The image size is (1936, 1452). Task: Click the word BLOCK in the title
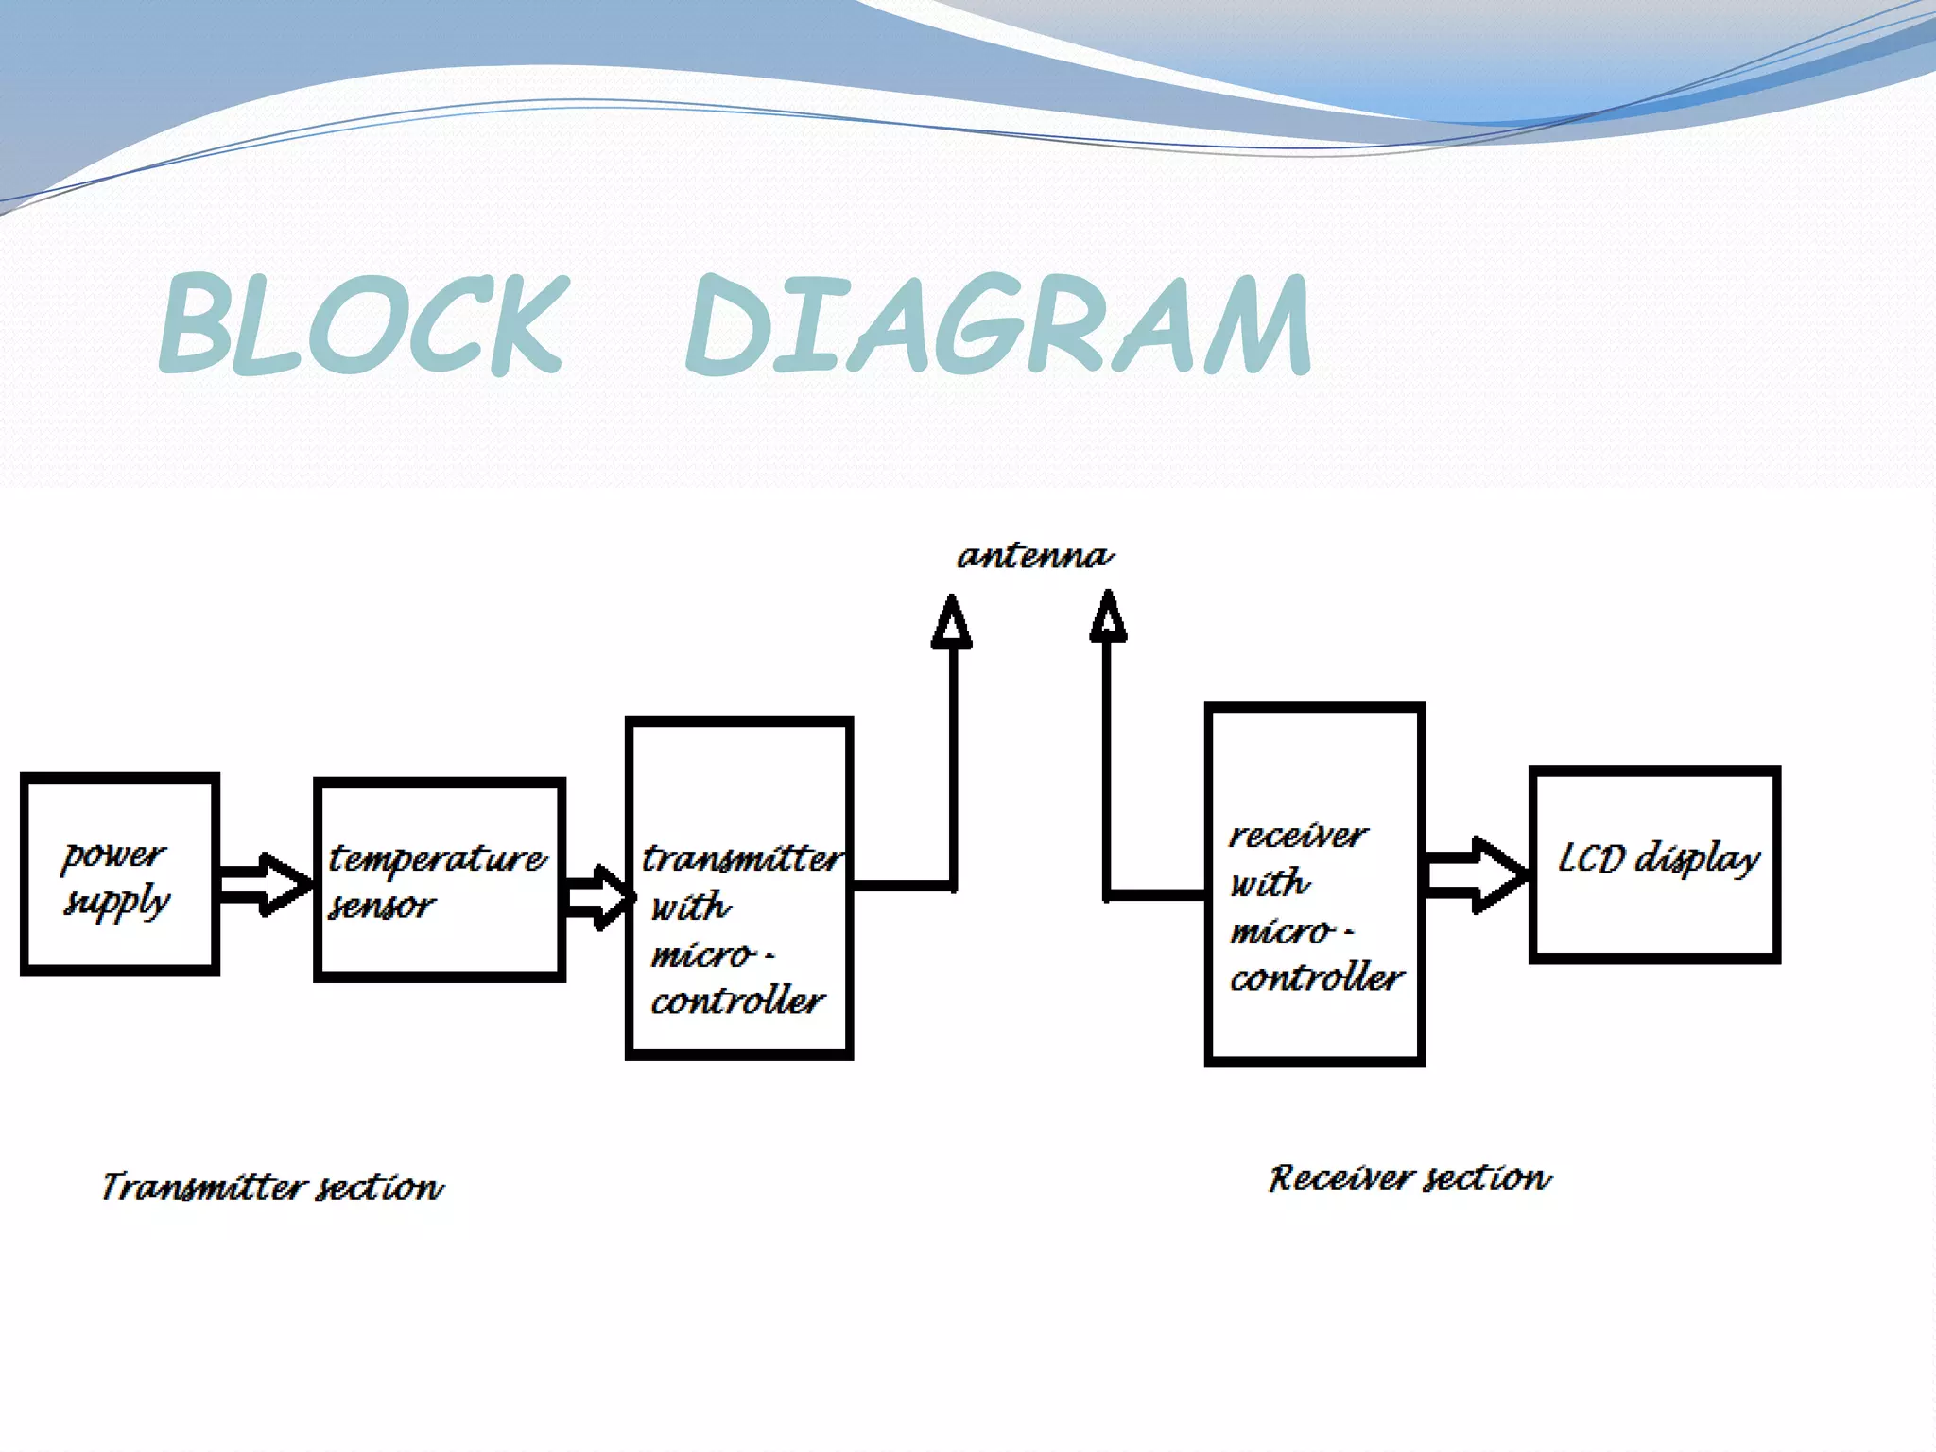pos(364,323)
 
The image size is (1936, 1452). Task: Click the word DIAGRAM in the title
pos(997,323)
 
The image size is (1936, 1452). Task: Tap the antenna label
pos(1035,555)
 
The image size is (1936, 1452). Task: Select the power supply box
pos(120,874)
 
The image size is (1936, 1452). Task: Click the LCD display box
pos(1654,865)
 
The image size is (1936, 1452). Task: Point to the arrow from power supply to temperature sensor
pos(265,885)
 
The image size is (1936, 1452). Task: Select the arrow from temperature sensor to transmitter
pos(598,896)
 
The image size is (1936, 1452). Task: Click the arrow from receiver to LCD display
pos(1475,874)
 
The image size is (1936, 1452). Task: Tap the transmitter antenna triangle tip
pos(952,605)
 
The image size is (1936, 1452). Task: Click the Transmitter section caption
pos(272,1186)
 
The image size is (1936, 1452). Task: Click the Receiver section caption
pos(1409,1179)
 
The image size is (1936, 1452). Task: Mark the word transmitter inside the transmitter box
pos(741,858)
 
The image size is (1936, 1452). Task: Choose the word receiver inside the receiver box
pos(1297,836)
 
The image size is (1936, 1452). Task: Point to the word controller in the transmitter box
pos(737,1001)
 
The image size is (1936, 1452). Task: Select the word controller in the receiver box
pos(1316,977)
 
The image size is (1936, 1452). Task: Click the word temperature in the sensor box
pos(437,858)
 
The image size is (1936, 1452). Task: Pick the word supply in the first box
pos(116,903)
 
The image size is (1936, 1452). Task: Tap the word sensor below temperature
pos(381,906)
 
